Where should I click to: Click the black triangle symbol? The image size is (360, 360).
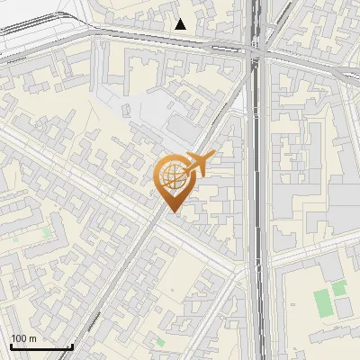[181, 24]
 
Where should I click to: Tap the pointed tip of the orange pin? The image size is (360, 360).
[171, 211]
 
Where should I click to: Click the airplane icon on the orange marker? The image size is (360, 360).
[197, 164]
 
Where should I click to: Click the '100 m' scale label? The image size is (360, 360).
[23, 337]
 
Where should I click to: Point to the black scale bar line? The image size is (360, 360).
[40, 346]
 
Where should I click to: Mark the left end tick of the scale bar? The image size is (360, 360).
[10, 345]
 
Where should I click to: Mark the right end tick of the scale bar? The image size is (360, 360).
[72, 345]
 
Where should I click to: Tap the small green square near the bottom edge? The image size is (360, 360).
[160, 342]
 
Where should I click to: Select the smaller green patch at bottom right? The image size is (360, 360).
[339, 288]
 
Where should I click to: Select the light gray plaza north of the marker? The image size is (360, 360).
[166, 117]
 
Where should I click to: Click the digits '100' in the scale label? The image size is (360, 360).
[18, 337]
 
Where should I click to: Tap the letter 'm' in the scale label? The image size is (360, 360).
[32, 337]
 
